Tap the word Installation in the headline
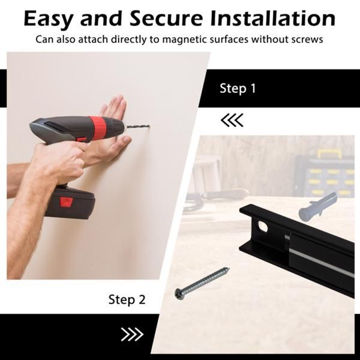273,18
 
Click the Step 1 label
238,88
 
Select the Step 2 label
127,300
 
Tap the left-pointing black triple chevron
232,120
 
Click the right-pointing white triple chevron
132,334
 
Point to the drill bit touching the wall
137,127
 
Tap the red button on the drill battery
67,202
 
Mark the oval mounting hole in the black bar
263,226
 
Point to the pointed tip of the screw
229,268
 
